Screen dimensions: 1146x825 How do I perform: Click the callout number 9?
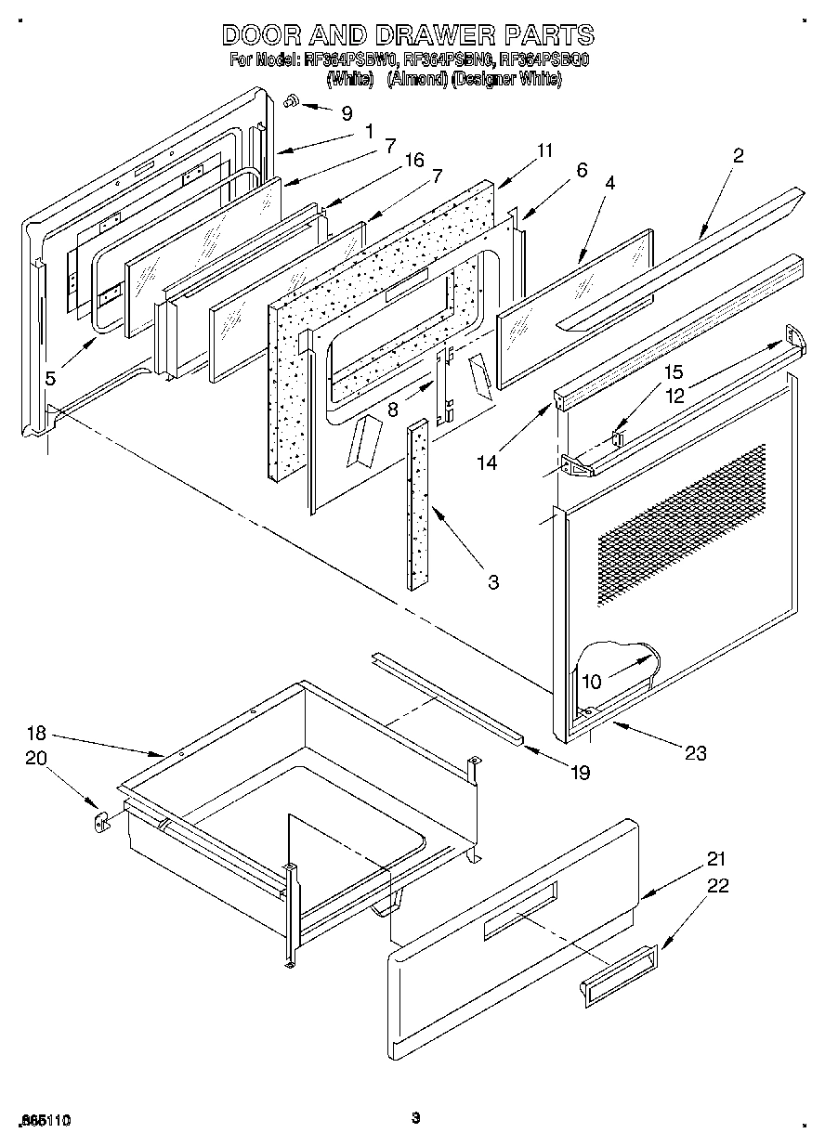coord(347,113)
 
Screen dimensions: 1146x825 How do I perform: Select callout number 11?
coord(544,150)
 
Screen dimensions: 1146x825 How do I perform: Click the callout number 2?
coord(738,155)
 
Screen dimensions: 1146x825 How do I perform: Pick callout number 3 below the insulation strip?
coord(493,582)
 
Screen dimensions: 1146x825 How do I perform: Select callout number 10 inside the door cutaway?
coord(591,681)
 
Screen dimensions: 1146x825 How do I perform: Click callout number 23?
coord(696,753)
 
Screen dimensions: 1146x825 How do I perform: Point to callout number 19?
coord(580,771)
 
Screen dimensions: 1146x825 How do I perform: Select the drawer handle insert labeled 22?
coord(619,976)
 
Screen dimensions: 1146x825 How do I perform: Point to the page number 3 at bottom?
coord(416,1117)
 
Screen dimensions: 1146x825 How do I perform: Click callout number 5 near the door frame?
coord(50,377)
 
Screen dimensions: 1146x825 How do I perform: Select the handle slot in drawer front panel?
coord(520,906)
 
